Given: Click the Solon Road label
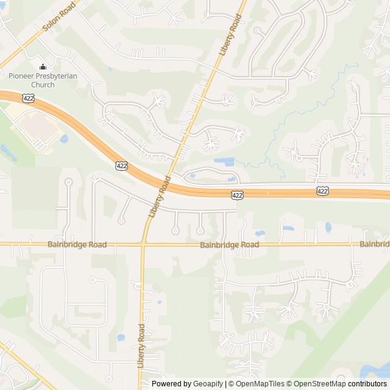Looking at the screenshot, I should pyautogui.click(x=58, y=16).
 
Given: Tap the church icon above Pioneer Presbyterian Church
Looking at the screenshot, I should pyautogui.click(x=42, y=66).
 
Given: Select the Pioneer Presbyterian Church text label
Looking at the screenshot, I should pyautogui.click(x=40, y=80).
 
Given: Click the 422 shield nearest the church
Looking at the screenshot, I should pyautogui.click(x=29, y=97).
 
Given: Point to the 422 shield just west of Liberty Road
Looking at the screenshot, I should pyautogui.click(x=122, y=165).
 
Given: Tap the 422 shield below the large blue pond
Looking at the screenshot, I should pyautogui.click(x=237, y=195).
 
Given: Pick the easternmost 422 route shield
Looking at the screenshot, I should pyautogui.click(x=322, y=191).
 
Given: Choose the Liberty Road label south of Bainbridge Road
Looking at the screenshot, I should pyautogui.click(x=141, y=345).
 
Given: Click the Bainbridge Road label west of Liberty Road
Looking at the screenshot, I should pyautogui.click(x=77, y=245).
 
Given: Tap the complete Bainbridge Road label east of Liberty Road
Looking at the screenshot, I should pyautogui.click(x=229, y=245).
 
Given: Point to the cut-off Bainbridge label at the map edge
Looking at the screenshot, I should pyautogui.click(x=374, y=244).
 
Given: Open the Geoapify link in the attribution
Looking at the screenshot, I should pyautogui.click(x=208, y=384).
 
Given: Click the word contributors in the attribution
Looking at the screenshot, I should pyautogui.click(x=367, y=384).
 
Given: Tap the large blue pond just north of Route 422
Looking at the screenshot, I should pyautogui.click(x=224, y=161).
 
